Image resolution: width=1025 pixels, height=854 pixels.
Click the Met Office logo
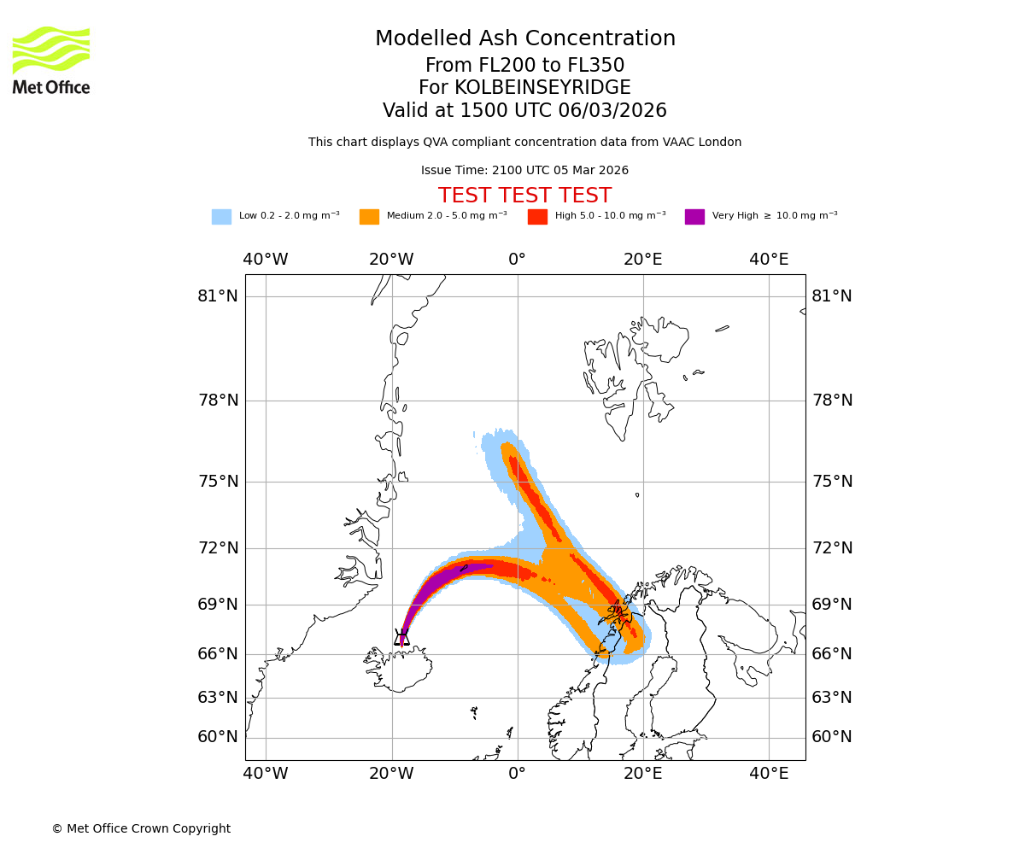[51, 60]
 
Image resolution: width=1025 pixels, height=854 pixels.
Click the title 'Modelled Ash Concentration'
[525, 39]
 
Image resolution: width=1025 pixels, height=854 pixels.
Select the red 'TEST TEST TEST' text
[524, 196]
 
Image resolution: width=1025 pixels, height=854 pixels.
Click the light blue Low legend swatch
[221, 217]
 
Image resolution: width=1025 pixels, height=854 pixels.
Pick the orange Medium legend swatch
[369, 217]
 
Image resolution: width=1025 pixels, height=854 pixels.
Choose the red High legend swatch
[537, 217]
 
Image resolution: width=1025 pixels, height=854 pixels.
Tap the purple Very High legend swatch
[694, 217]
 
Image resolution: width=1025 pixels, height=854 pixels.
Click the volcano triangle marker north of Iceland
[401, 637]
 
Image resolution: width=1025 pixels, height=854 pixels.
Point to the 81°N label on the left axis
[218, 296]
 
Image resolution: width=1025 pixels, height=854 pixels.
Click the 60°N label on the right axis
[831, 737]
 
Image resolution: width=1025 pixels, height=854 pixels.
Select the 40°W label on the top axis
[265, 260]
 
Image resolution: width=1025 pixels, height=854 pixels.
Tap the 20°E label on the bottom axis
[642, 774]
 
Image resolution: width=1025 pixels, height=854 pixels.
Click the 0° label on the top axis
[517, 260]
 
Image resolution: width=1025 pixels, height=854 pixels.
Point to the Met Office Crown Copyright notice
[141, 829]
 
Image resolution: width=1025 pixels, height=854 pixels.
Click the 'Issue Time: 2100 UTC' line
[524, 171]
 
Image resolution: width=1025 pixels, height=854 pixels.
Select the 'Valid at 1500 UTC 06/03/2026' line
[524, 111]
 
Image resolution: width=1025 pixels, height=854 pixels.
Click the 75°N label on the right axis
[831, 482]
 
